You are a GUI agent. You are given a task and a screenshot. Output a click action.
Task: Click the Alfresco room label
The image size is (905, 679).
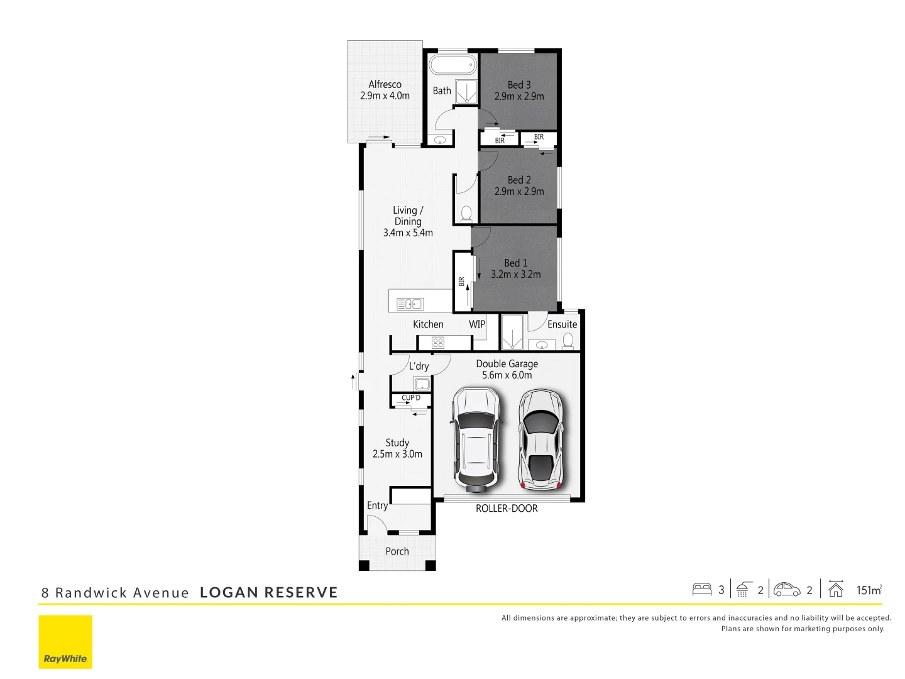(x=385, y=84)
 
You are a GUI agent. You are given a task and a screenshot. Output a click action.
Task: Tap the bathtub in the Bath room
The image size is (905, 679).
(x=452, y=65)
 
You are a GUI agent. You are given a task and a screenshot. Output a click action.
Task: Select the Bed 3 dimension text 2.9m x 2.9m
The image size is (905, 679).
(x=519, y=96)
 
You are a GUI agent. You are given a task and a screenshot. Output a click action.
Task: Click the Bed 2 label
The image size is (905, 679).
(x=519, y=180)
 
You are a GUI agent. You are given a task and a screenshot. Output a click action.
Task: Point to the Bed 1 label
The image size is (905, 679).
(x=515, y=263)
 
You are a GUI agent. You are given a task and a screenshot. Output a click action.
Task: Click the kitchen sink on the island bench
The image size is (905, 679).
(x=410, y=304)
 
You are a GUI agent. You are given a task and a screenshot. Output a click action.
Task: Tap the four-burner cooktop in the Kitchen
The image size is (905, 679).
(x=438, y=343)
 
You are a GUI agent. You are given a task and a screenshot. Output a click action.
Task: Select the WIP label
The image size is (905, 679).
(x=477, y=324)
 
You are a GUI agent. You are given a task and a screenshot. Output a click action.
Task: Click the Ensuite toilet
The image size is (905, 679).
(x=568, y=340)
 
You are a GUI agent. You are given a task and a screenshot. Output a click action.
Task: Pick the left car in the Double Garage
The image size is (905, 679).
(x=477, y=438)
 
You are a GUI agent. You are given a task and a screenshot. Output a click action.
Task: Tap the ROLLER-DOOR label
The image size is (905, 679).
(x=507, y=509)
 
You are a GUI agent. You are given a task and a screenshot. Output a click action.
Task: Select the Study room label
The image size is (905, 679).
(x=397, y=443)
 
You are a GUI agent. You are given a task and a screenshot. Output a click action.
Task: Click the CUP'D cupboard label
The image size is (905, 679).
(x=411, y=398)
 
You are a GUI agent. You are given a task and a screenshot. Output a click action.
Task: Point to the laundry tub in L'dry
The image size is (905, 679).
(x=422, y=384)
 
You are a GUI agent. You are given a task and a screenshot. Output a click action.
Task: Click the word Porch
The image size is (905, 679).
(x=397, y=551)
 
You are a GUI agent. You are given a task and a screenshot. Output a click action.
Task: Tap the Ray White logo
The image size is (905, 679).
(x=65, y=641)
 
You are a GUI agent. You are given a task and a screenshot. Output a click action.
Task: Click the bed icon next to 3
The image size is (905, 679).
(x=701, y=590)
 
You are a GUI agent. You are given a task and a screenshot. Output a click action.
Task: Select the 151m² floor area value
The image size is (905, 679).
(x=869, y=590)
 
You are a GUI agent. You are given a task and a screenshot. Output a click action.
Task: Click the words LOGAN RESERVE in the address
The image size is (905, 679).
(x=269, y=593)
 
